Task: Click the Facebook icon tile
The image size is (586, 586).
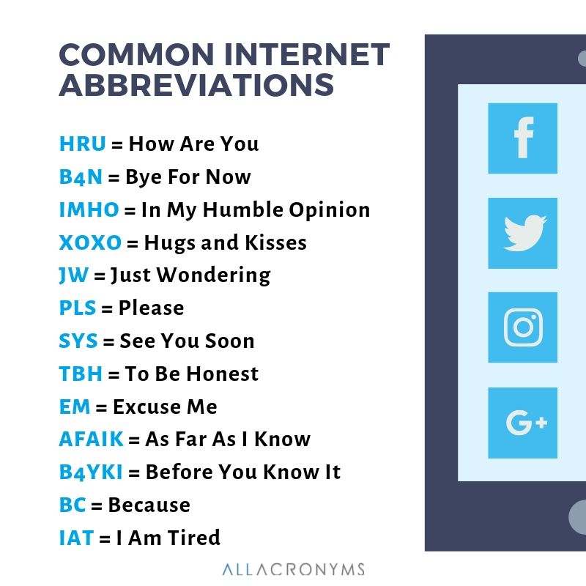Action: tap(522, 138)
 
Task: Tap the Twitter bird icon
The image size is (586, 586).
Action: tap(522, 233)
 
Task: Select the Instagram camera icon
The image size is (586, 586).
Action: tap(522, 327)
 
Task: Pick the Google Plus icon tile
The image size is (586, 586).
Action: tap(522, 423)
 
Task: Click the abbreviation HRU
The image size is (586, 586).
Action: tap(83, 144)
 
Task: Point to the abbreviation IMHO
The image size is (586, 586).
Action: tap(89, 209)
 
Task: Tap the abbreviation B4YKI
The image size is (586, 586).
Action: tap(91, 472)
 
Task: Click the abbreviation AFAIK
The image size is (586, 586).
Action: tap(91, 439)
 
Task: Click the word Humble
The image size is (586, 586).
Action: tap(238, 209)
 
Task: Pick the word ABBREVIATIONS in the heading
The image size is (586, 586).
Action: tap(196, 86)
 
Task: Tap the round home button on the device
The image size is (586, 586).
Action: tap(579, 517)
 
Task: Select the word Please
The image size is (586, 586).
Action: tap(151, 308)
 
